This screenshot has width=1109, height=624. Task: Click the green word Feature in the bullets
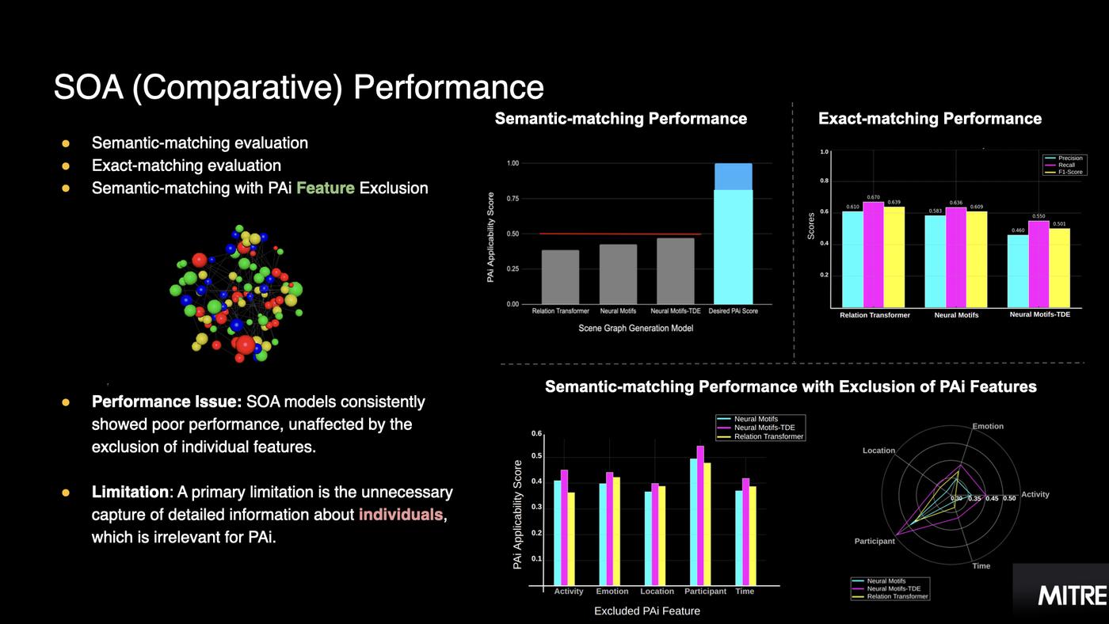pos(325,188)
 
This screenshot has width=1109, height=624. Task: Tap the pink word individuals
pos(400,515)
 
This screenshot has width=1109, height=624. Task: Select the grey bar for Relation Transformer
pos(560,277)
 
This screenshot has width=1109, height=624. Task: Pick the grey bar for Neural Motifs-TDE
pos(675,271)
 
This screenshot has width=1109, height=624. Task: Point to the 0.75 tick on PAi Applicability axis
pos(513,198)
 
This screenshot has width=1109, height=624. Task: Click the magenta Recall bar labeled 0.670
pos(873,255)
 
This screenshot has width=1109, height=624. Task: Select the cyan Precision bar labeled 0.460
pos(1018,271)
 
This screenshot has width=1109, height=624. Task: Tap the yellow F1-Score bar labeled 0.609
pos(976,260)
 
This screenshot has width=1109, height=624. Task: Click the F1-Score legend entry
pos(1070,172)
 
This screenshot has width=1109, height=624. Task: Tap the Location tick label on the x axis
pos(657,592)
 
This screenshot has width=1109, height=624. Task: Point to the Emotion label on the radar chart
pos(988,426)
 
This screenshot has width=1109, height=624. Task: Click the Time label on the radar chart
pos(981,566)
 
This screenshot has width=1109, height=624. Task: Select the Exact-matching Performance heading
pos(930,119)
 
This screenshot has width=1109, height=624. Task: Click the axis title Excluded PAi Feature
pos(647,611)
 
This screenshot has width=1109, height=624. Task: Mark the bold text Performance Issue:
pos(166,402)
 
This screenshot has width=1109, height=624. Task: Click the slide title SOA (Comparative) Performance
pos(299,87)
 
